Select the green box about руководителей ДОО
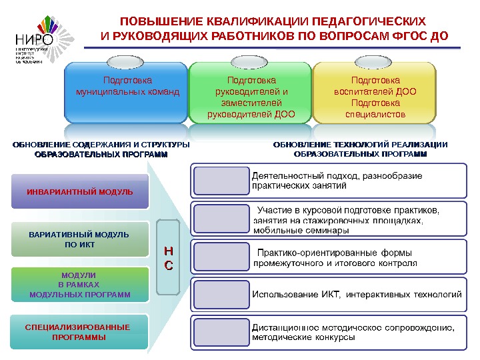point(251,97)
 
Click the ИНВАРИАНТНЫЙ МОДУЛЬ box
point(79,192)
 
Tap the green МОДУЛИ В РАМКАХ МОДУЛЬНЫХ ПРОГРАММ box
point(79,285)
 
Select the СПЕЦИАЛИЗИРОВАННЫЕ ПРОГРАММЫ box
point(78,332)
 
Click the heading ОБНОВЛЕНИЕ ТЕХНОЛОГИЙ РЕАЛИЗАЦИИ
point(360,145)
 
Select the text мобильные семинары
point(301,231)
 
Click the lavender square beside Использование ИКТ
point(221,294)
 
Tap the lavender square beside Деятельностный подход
point(221,181)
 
